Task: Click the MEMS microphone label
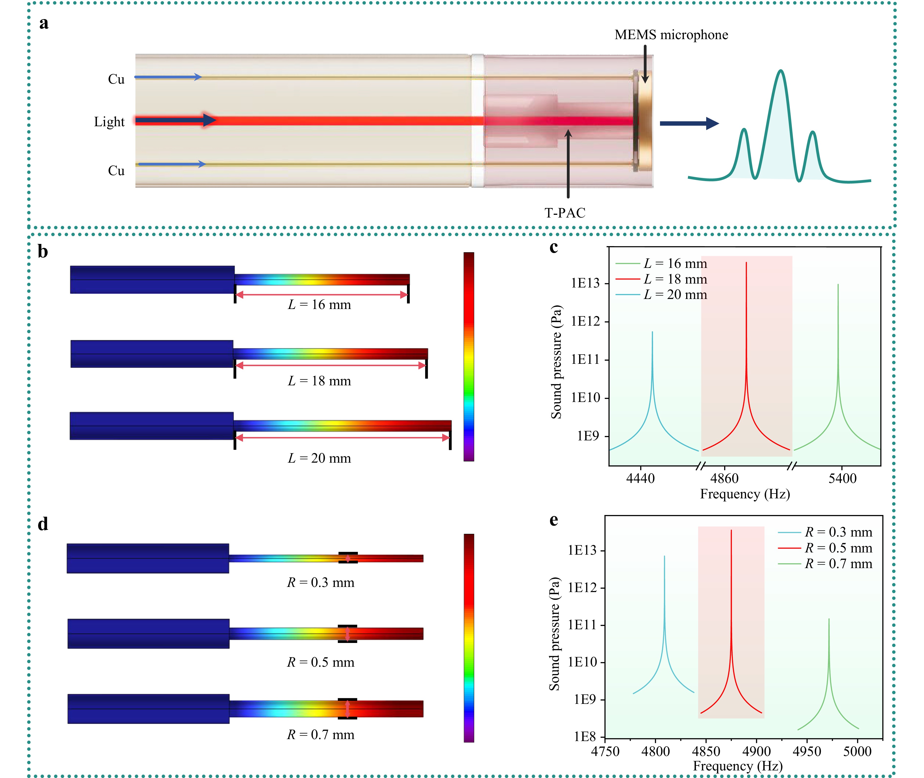[x=671, y=35]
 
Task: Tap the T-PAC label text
[x=565, y=213]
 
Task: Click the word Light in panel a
[x=109, y=122]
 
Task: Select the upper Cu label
[x=116, y=79]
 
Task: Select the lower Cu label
[x=116, y=171]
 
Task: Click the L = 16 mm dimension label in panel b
[x=319, y=305]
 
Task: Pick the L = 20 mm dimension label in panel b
[x=319, y=458]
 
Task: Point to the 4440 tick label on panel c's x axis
[x=640, y=479]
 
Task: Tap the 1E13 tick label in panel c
[x=585, y=283]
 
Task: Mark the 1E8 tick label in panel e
[x=585, y=737]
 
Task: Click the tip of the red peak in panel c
[x=746, y=263]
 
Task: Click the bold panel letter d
[x=43, y=524]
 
